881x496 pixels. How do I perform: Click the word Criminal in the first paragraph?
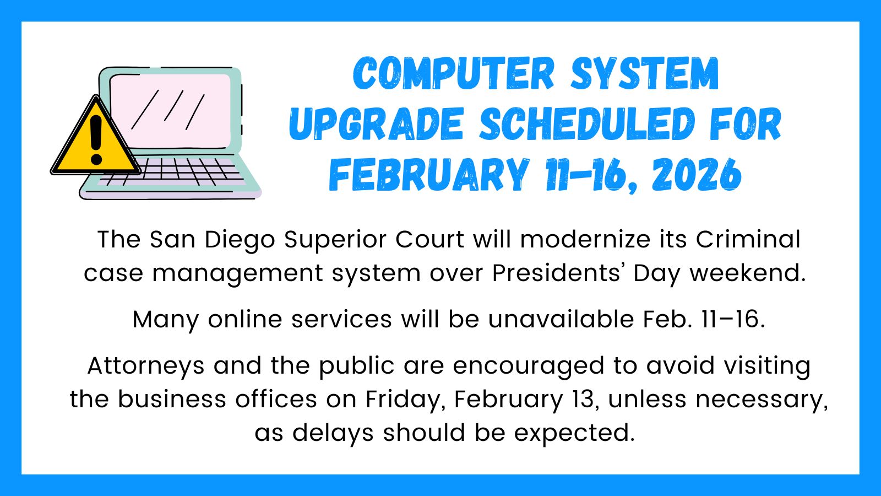click(x=748, y=240)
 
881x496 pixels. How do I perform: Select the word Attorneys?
click(x=146, y=366)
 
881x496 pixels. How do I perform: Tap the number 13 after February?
click(x=584, y=400)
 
